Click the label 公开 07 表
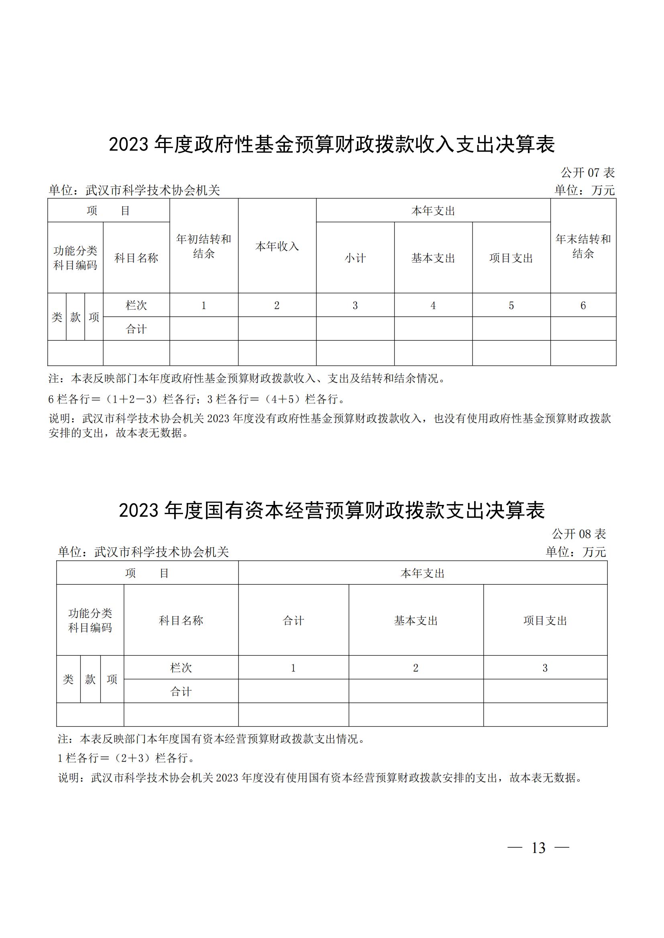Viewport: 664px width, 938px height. point(587,173)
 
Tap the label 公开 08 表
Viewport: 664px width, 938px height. point(578,534)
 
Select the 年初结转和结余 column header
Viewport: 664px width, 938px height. point(204,246)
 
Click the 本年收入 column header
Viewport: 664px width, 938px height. point(277,246)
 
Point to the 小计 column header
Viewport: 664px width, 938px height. point(355,258)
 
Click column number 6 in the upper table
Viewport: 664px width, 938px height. point(583,305)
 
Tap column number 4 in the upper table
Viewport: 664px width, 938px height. point(433,305)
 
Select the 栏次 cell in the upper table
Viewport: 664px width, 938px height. point(136,305)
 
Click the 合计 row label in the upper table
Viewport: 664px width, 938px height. point(136,329)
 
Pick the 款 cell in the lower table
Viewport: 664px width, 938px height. point(90,679)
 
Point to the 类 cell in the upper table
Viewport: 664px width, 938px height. point(57,317)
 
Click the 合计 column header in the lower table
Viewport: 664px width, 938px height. point(293,621)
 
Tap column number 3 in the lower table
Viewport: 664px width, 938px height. point(545,668)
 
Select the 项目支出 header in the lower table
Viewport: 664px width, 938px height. point(545,621)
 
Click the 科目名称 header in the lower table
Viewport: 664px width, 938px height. point(181,621)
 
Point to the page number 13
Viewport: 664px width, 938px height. point(538,848)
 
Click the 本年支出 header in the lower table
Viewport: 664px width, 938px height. point(422,573)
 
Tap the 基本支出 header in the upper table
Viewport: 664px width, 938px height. point(433,258)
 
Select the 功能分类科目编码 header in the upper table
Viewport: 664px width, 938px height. point(75,258)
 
